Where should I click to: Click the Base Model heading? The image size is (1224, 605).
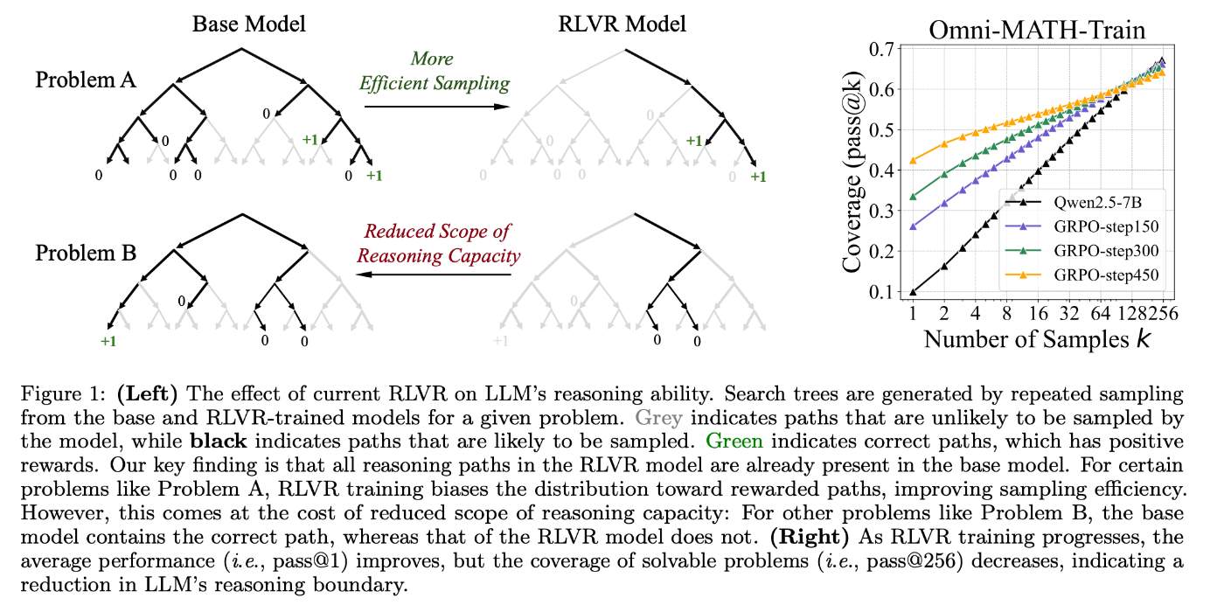(249, 24)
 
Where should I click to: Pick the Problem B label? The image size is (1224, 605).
(86, 254)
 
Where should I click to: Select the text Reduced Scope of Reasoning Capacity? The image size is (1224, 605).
(437, 244)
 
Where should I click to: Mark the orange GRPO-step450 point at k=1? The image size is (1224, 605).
(913, 160)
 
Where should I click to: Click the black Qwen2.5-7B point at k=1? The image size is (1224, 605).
(913, 292)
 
